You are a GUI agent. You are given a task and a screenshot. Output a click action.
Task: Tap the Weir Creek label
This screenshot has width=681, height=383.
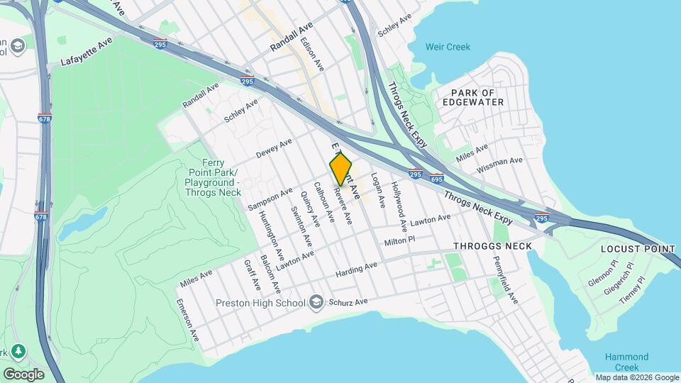coord(448,48)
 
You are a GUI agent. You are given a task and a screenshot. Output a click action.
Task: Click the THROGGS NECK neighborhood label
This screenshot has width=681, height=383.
coord(492,246)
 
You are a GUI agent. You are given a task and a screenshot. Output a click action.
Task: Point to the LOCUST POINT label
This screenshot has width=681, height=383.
coord(638,249)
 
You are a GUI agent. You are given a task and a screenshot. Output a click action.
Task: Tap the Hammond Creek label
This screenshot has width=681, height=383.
coord(626,362)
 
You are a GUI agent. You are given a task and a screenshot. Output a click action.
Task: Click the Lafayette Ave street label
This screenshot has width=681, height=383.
coord(87,52)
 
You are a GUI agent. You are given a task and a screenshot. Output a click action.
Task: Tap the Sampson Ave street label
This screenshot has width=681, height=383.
coord(270,199)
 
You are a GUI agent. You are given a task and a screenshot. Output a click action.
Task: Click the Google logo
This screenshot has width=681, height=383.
coord(23,374)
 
